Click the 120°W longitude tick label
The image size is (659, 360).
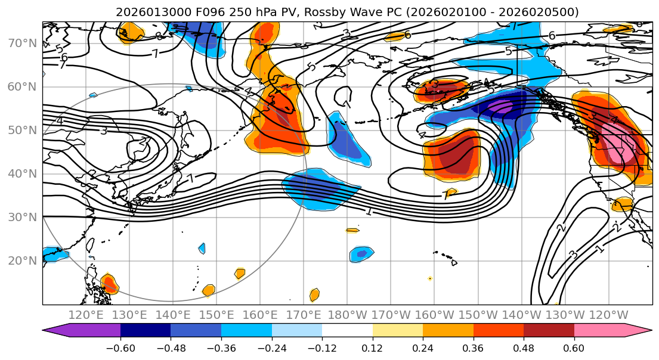click(609, 315)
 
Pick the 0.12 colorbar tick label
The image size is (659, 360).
click(373, 347)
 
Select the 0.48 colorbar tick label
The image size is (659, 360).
click(524, 347)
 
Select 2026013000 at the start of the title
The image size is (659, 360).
click(146, 12)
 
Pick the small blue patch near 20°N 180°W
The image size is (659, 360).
click(361, 253)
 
